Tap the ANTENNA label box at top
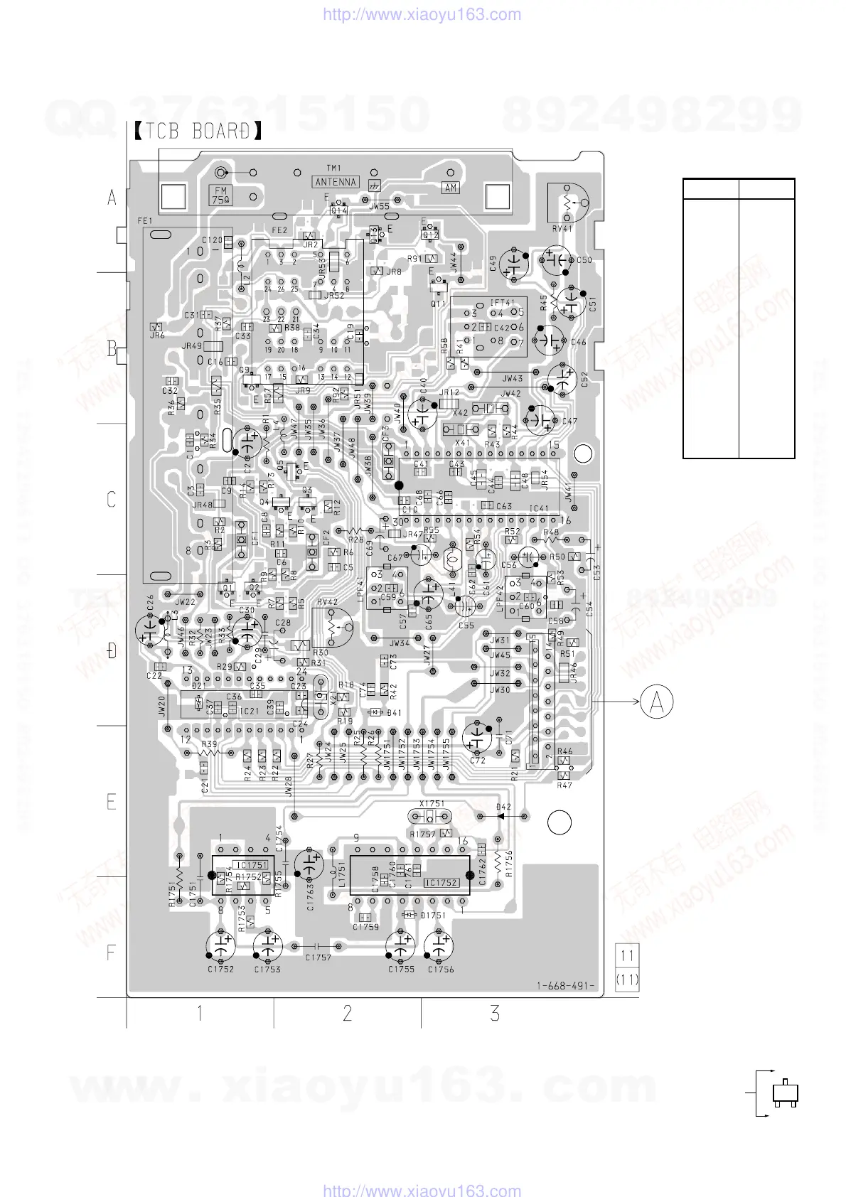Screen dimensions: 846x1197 tap(336, 182)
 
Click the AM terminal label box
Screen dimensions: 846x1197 tap(451, 188)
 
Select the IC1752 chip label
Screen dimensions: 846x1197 tap(441, 883)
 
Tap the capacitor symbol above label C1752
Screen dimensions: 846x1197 tap(221, 946)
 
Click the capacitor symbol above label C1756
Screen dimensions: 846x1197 tap(440, 946)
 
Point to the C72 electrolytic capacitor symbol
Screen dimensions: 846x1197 tap(477, 736)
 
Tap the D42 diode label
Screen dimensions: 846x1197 tap(503, 807)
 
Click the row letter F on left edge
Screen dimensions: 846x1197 tap(111, 952)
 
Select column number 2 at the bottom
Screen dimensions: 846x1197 tap(347, 1013)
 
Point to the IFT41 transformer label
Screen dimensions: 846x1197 tap(502, 302)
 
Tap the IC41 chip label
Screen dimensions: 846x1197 tap(540, 508)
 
